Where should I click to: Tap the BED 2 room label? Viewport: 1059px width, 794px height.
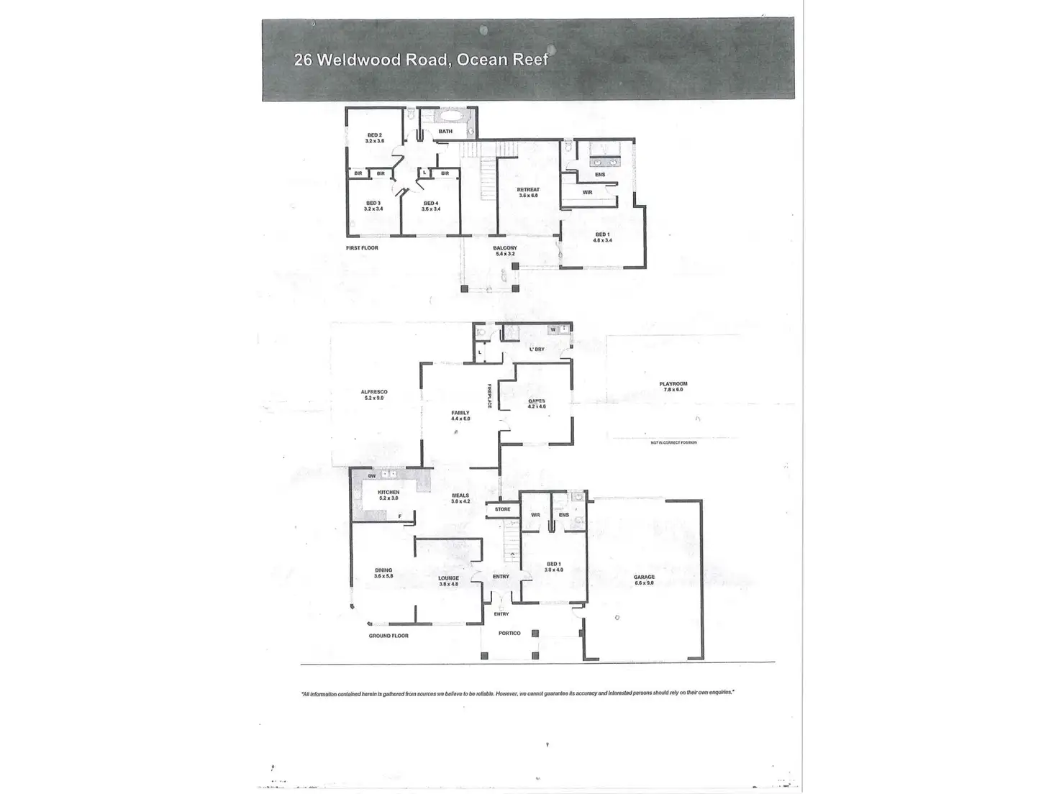coord(374,135)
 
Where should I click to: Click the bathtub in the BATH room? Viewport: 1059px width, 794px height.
coord(452,116)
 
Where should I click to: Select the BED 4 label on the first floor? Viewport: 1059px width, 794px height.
coord(431,204)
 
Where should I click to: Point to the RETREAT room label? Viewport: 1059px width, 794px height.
coord(528,190)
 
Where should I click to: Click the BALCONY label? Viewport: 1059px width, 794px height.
coord(505,248)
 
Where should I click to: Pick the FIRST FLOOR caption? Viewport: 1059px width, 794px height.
coord(362,248)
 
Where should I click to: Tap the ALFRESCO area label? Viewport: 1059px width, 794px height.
coord(374,392)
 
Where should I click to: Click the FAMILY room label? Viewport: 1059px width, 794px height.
coord(460,413)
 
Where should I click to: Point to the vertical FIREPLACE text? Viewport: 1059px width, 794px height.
coord(489,395)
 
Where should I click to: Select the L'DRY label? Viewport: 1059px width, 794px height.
coord(537,350)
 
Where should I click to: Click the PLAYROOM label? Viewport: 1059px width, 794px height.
coord(673,384)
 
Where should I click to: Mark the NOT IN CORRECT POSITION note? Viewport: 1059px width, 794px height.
coord(673,442)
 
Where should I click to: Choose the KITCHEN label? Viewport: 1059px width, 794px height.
coord(388,493)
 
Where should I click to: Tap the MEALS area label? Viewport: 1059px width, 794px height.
coord(460,496)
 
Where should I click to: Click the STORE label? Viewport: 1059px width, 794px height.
coord(502,509)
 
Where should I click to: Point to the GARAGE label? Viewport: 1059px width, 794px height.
coord(644,577)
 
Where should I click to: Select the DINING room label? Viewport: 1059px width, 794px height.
coord(383,570)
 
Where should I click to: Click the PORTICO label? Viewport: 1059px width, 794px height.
coord(510,633)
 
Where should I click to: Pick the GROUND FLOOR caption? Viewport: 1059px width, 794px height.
coord(389,636)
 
